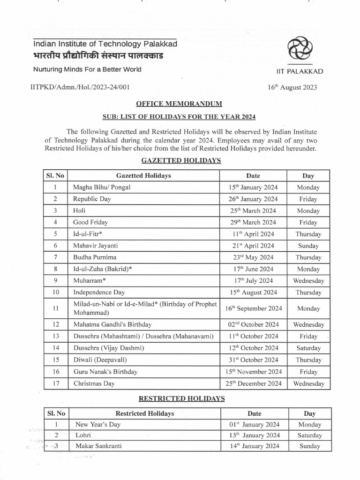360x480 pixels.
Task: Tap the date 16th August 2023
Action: (292, 87)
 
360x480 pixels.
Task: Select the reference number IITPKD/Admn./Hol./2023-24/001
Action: (80, 87)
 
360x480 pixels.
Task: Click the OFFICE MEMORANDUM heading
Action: (180, 104)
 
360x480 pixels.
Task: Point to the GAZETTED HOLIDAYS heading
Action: (180, 160)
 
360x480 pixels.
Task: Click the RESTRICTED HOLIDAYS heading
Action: (181, 398)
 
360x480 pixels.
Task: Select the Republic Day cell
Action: (92, 199)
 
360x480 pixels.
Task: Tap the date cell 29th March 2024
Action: (252, 222)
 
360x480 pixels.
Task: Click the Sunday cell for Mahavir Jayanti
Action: (308, 246)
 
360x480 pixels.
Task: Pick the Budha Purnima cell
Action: (95, 257)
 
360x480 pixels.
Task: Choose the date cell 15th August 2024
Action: (253, 292)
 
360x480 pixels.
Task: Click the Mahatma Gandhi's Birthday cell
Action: (112, 324)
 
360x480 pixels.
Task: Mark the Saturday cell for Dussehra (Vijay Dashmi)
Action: (308, 348)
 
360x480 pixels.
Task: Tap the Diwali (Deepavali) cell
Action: (100, 360)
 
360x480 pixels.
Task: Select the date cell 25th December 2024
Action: (253, 383)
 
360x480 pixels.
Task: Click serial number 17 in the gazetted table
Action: (55, 383)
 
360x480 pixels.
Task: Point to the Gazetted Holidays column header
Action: (143, 176)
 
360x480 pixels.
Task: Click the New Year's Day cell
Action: (98, 424)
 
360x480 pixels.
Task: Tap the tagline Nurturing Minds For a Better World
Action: (87, 69)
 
